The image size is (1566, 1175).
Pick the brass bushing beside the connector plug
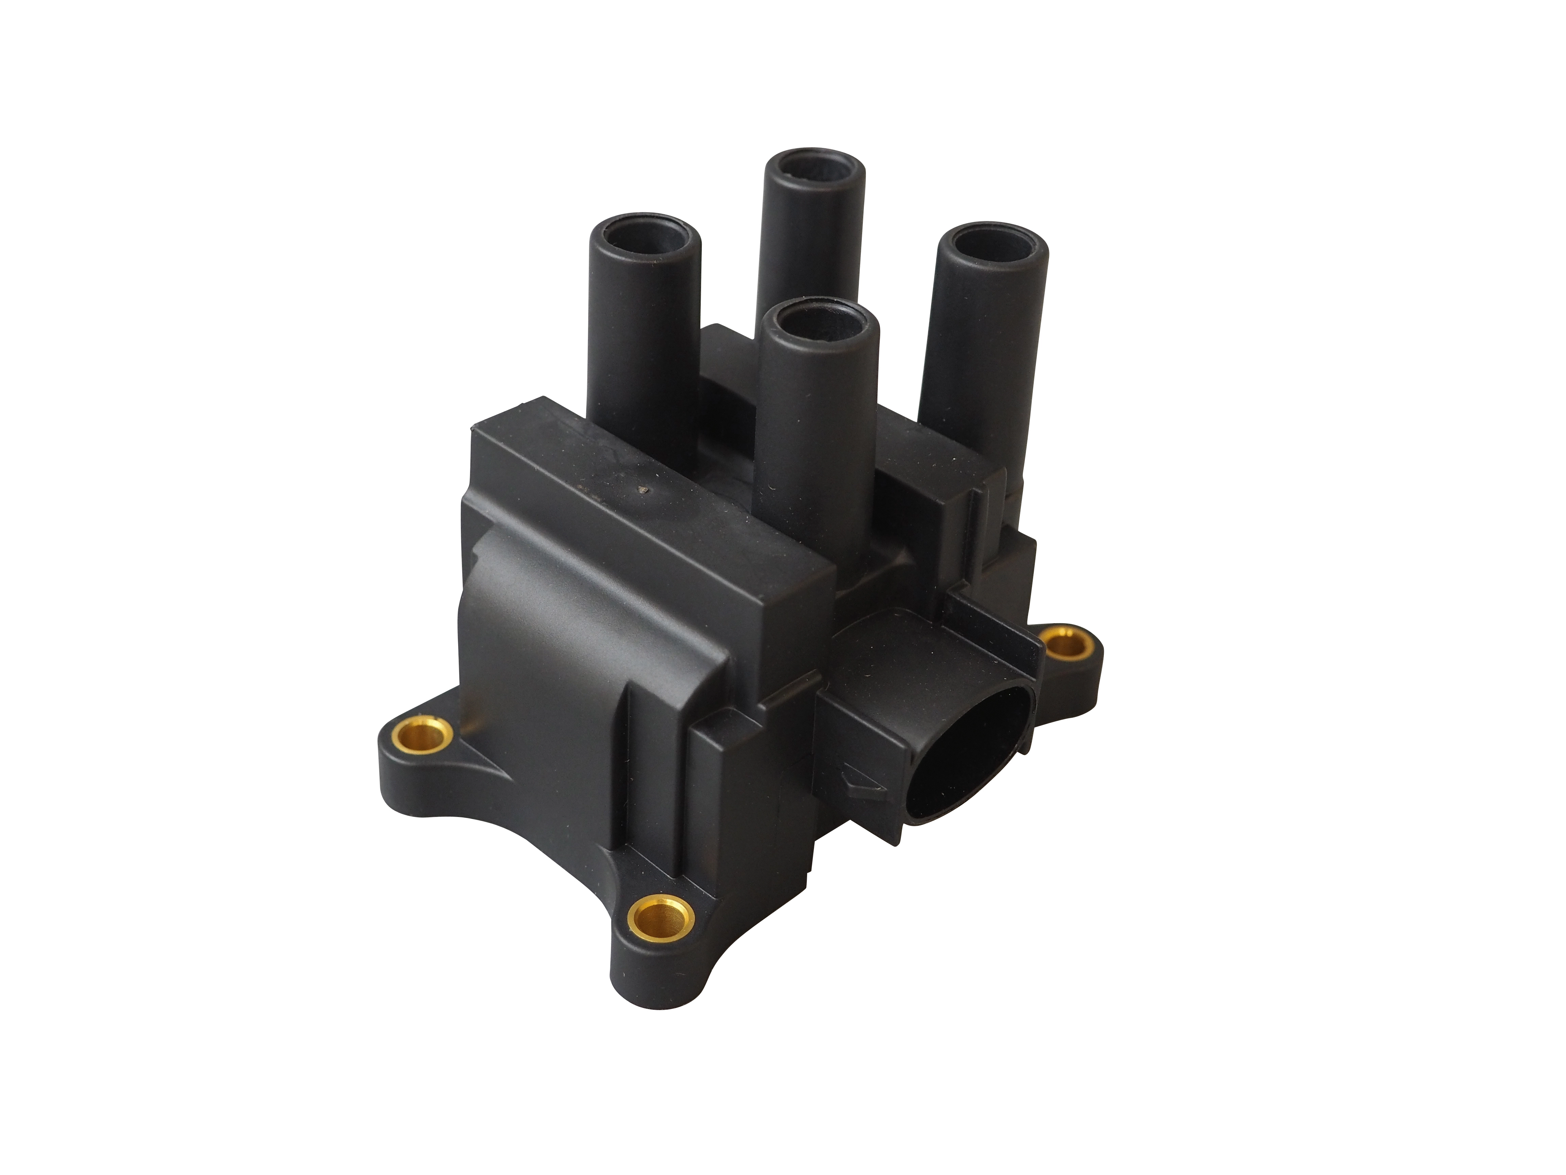(x=1067, y=643)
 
